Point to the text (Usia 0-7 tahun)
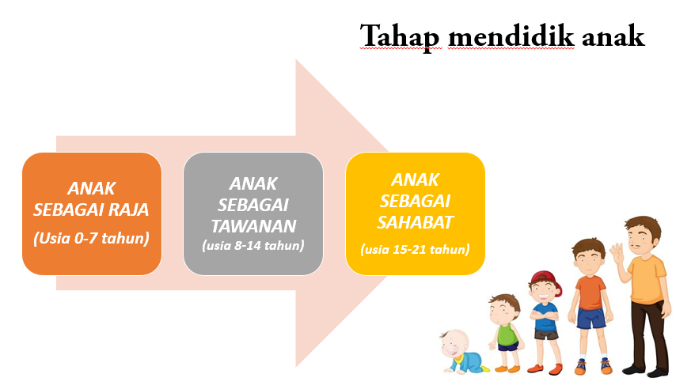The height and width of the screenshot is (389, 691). (x=92, y=236)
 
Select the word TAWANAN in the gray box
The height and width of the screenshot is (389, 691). (x=253, y=224)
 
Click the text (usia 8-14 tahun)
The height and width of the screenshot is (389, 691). (x=253, y=245)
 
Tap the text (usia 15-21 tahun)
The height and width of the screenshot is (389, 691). (x=416, y=250)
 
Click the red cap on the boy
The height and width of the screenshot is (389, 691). (x=543, y=278)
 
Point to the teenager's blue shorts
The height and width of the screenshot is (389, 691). (x=590, y=318)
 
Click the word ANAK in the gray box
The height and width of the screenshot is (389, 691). (x=253, y=183)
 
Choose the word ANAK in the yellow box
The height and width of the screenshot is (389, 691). (x=416, y=179)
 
